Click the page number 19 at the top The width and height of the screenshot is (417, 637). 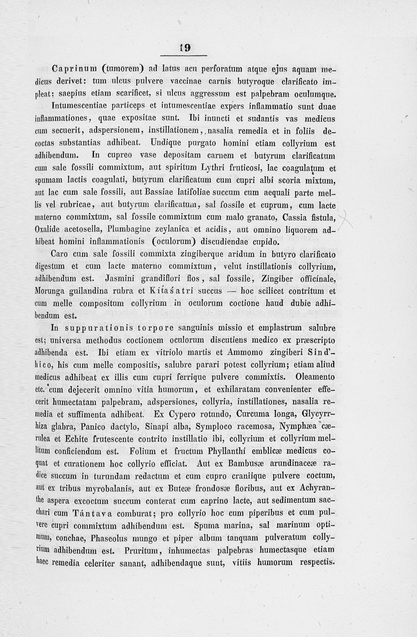tap(185, 47)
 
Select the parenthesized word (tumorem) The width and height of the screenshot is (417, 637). tap(124, 67)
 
